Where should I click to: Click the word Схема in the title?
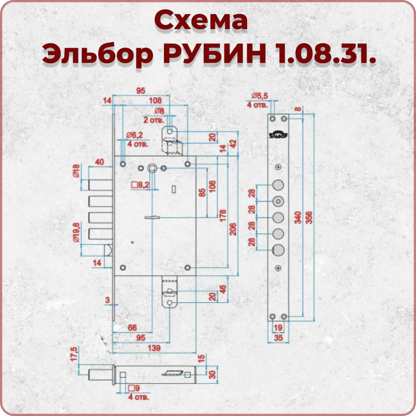[201, 20]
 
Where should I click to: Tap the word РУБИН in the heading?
[214, 54]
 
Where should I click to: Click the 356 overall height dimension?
[309, 218]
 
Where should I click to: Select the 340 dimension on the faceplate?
[298, 218]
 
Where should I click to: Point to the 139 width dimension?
[154, 348]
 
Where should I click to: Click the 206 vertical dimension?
[233, 229]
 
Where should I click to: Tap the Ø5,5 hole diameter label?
[260, 95]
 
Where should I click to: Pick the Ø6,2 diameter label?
[134, 135]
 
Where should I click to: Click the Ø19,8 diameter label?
[76, 233]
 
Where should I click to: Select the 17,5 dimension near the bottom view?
[74, 354]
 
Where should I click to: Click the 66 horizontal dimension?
[132, 328]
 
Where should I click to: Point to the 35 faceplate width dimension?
[278, 338]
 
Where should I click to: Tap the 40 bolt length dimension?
[99, 162]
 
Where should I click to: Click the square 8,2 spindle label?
[140, 185]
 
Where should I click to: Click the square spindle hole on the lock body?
[152, 168]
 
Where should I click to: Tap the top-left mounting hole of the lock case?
[123, 164]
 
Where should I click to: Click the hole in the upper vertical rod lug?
[170, 131]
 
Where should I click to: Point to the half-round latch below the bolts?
[109, 250]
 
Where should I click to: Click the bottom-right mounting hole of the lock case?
[188, 267]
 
